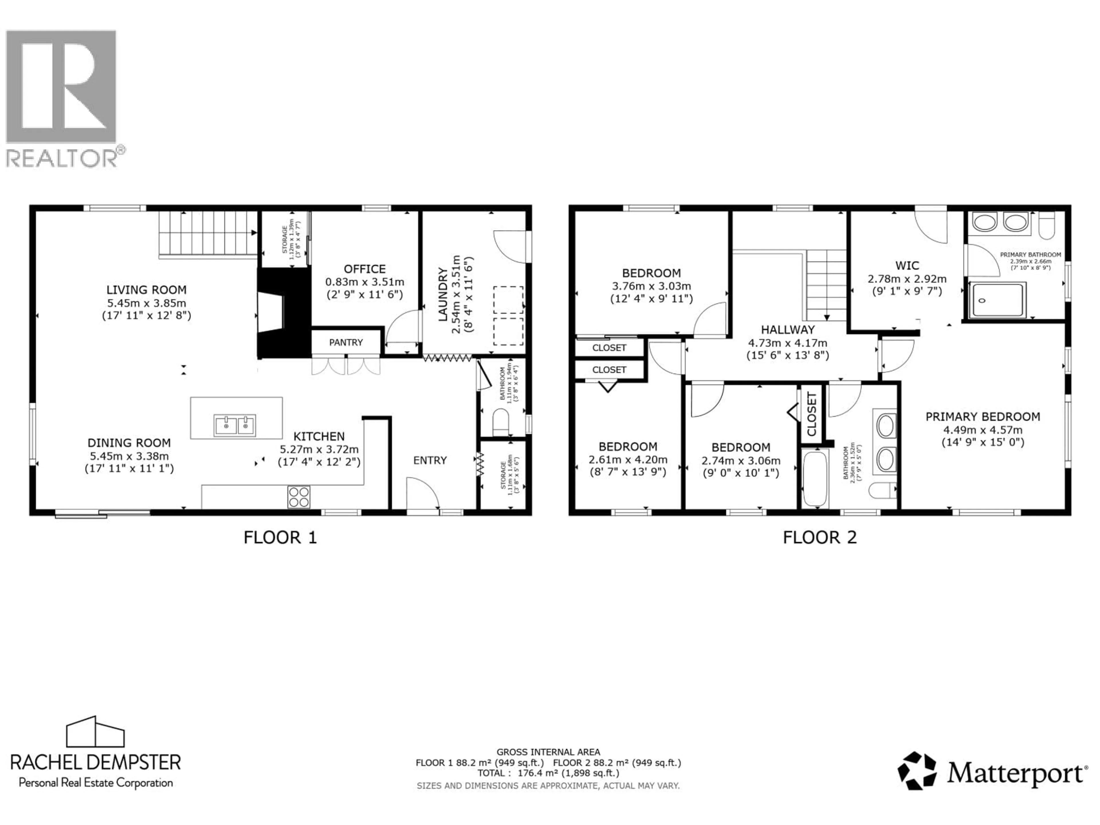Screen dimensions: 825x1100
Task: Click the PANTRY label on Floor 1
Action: [x=346, y=342]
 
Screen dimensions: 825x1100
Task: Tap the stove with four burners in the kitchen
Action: [x=299, y=497]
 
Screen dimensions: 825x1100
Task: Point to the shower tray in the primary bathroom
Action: [x=997, y=300]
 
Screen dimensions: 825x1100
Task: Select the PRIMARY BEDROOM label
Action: [x=983, y=417]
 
